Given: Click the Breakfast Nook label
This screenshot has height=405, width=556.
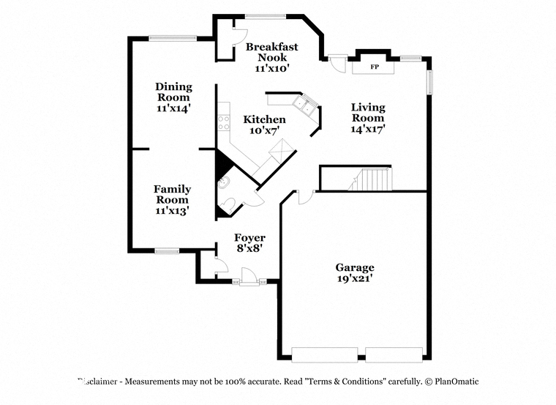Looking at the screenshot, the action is click(272, 52).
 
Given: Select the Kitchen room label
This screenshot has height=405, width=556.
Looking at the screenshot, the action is click(265, 119).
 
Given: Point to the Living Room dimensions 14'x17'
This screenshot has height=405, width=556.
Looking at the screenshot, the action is click(368, 129).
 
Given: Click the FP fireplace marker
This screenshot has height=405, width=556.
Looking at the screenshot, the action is click(375, 67).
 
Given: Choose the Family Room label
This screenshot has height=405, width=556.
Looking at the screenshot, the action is click(173, 194).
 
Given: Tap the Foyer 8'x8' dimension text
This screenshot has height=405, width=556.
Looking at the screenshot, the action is click(249, 248).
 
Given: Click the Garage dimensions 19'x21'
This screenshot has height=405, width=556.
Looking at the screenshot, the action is click(355, 278).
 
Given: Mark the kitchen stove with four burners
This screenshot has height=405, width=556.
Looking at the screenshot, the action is click(224, 122).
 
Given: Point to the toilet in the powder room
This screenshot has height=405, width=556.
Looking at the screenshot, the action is click(228, 206).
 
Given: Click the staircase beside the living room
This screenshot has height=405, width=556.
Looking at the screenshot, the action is click(370, 179).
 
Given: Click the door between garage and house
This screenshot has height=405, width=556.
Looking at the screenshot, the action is click(306, 197).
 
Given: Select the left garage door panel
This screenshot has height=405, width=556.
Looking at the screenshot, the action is click(324, 355).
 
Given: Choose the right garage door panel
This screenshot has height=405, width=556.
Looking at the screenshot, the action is click(394, 355).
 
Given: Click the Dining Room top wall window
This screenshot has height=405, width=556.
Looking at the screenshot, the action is click(173, 38).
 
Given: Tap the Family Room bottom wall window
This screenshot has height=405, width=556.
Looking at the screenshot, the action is click(167, 251).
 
